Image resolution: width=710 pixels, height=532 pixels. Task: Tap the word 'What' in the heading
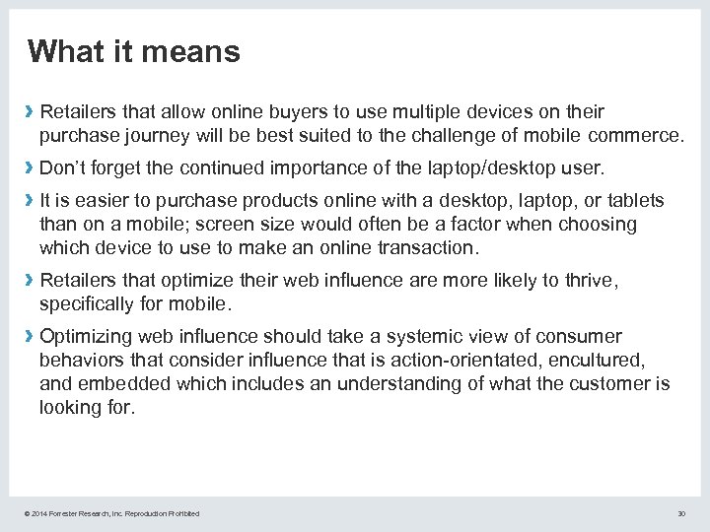pos(64,51)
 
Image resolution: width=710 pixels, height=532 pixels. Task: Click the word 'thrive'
pos(588,282)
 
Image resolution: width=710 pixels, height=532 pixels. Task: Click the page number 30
pos(680,513)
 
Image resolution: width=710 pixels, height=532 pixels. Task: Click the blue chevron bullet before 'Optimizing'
pos(31,337)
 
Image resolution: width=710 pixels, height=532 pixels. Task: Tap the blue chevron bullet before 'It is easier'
pos(31,201)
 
